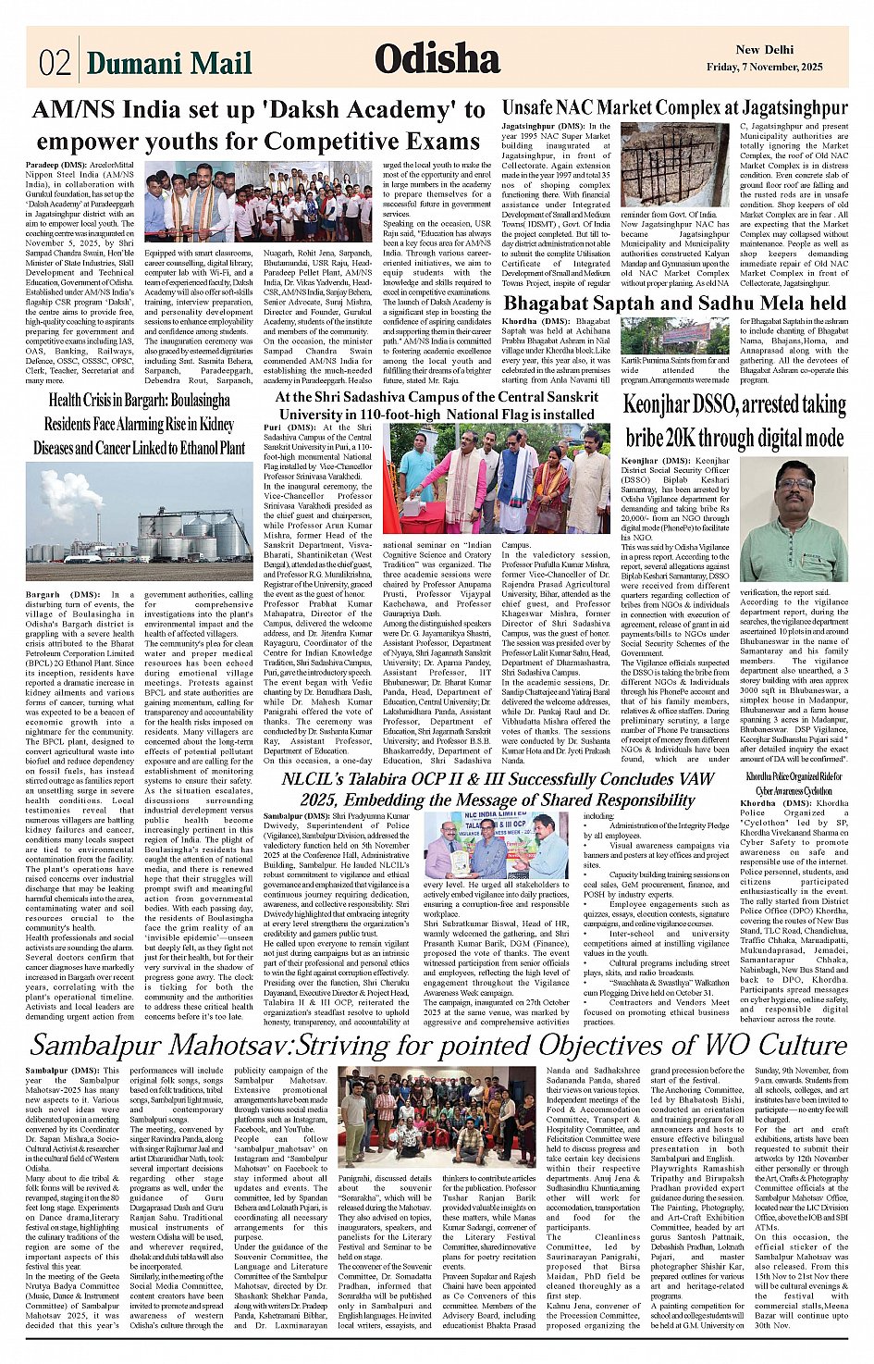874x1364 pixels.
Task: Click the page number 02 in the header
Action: [55, 63]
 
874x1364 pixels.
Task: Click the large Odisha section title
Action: [437, 59]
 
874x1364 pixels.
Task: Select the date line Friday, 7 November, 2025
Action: [764, 68]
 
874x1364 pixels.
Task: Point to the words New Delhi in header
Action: [763, 50]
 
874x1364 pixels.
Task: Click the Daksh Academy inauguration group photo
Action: [260, 202]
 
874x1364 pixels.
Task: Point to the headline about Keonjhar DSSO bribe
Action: [734, 421]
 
